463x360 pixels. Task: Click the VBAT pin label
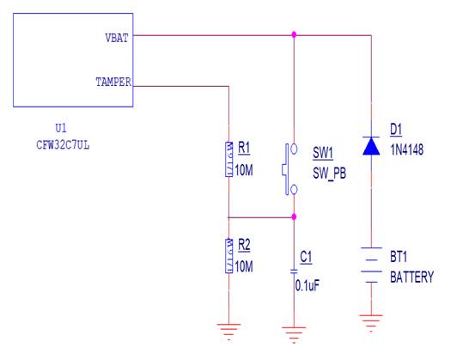click(x=117, y=38)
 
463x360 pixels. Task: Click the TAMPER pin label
click(x=113, y=82)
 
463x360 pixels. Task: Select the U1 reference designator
click(x=61, y=128)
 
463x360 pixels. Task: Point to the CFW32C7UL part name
click(x=63, y=145)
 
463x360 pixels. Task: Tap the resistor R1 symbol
click(x=228, y=160)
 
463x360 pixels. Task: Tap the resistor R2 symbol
click(x=228, y=256)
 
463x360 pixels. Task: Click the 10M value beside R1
click(x=244, y=170)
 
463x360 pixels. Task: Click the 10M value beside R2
click(x=244, y=266)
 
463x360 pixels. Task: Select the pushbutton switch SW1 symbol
click(x=289, y=169)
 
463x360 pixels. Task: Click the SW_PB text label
click(x=329, y=173)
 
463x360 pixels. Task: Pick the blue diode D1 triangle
click(x=371, y=146)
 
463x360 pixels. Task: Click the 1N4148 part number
click(x=407, y=149)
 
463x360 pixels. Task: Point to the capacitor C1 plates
click(x=294, y=272)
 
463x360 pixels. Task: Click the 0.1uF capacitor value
click(x=308, y=285)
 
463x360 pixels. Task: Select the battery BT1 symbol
click(x=371, y=265)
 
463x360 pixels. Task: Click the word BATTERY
click(x=412, y=277)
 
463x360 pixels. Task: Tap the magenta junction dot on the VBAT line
click(x=294, y=35)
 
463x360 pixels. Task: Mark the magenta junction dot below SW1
click(x=294, y=217)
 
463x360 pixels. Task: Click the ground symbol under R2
click(x=228, y=332)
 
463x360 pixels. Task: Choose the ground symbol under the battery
click(x=371, y=323)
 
